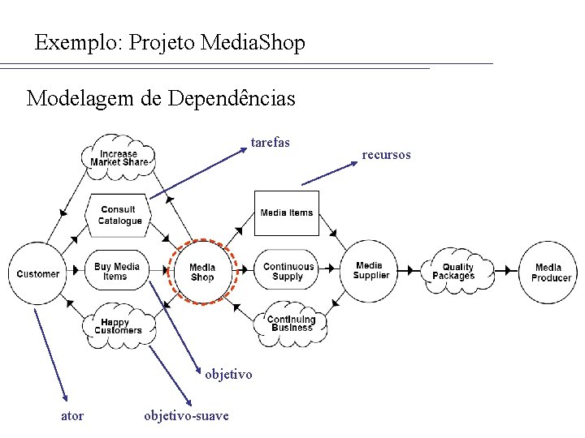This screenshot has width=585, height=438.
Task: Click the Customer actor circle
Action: [38, 273]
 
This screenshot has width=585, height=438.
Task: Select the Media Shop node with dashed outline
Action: [202, 273]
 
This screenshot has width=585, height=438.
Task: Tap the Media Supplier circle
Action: [370, 270]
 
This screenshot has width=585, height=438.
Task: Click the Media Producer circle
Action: [551, 273]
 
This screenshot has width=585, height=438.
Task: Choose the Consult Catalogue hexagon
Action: [119, 215]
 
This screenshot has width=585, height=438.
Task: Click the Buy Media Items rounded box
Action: [116, 272]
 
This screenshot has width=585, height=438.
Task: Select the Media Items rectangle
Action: [286, 213]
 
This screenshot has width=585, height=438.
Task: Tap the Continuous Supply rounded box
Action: [288, 272]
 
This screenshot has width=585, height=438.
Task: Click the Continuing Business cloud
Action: [291, 323]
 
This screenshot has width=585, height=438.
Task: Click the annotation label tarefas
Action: [271, 143]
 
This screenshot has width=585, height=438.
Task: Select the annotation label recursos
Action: [386, 154]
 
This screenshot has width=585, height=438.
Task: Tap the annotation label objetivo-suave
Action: [186, 416]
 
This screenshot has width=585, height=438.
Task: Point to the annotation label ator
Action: [72, 416]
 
